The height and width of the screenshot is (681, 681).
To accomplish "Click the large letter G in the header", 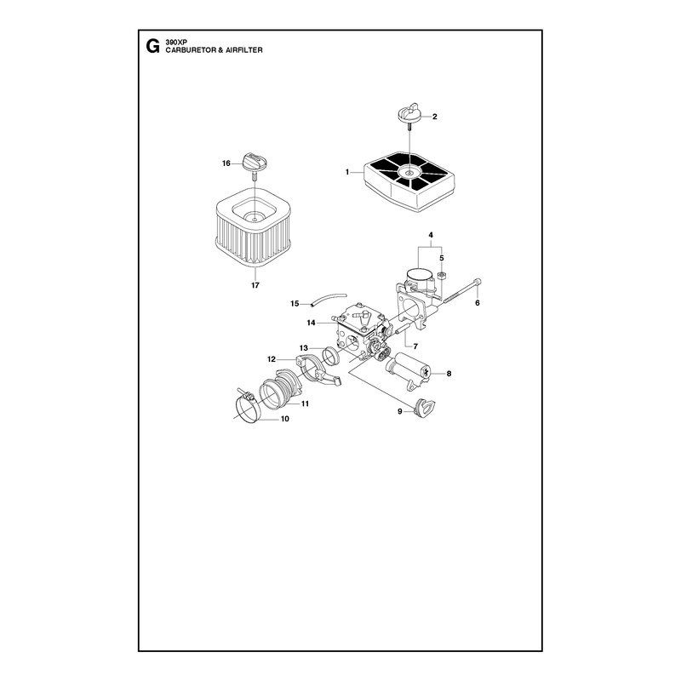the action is pos(152,46).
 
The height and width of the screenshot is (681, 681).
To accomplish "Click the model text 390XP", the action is pos(175,43).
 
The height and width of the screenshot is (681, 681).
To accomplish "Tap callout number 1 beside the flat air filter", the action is pos(347,172).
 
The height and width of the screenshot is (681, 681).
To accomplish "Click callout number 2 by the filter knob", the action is pos(434,117).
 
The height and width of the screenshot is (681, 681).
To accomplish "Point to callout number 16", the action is pos(226,163).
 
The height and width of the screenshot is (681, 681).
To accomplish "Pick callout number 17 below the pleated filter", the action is pos(255,285).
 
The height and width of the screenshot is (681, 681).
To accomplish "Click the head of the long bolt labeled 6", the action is pos(478,281).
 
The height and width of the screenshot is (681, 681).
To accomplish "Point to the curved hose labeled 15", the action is pos(329,299).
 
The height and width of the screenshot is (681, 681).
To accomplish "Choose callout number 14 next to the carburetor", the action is pos(311,323).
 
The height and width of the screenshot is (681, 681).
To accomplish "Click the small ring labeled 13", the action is pos(332,355).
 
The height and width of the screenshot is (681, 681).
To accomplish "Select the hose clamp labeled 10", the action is pos(248,407).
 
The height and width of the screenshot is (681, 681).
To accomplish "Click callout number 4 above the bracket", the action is pos(431,235).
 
